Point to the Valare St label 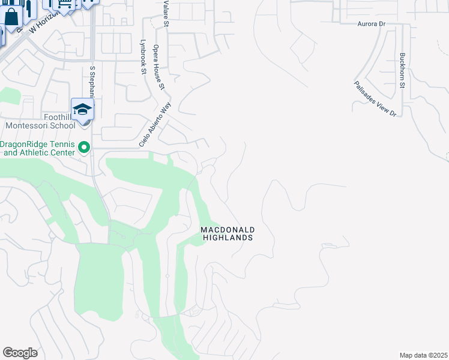click(166, 13)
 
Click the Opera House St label click(159, 67)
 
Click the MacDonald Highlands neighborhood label click(228, 234)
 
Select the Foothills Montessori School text click(38, 121)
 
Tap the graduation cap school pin click(82, 109)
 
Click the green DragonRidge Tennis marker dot click(84, 146)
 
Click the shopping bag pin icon click(11, 17)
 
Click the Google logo click(20, 353)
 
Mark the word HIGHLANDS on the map click(228, 238)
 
